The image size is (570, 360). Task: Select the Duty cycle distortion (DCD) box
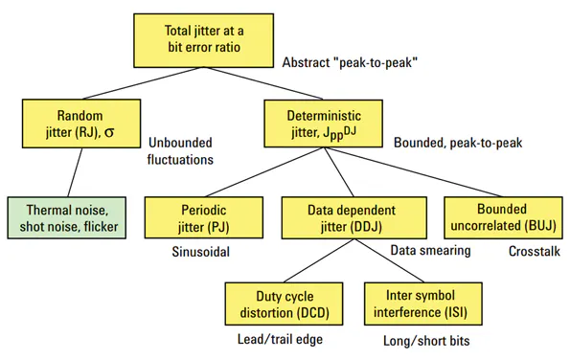[x=271, y=304]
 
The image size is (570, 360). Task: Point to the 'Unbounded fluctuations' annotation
[x=181, y=151]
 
